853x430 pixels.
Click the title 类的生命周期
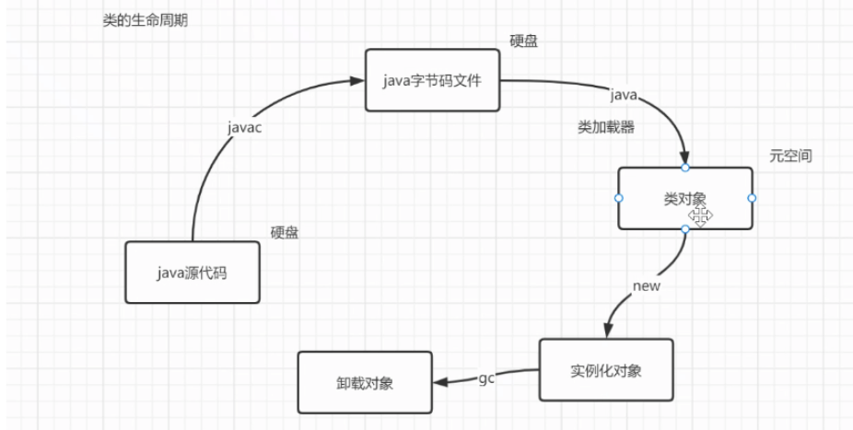[x=145, y=20]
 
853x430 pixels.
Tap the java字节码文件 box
[x=433, y=80]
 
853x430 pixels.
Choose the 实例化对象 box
[x=606, y=370]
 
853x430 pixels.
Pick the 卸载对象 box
[x=365, y=383]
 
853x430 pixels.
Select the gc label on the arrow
[x=485, y=379]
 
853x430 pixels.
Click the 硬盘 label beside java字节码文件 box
[x=524, y=41]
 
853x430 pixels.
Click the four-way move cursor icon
[x=700, y=216]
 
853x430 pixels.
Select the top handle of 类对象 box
[x=684, y=167]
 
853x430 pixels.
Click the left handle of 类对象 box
[x=618, y=198]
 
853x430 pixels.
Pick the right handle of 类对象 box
[x=752, y=198]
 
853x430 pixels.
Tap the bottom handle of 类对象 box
[x=684, y=229]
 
